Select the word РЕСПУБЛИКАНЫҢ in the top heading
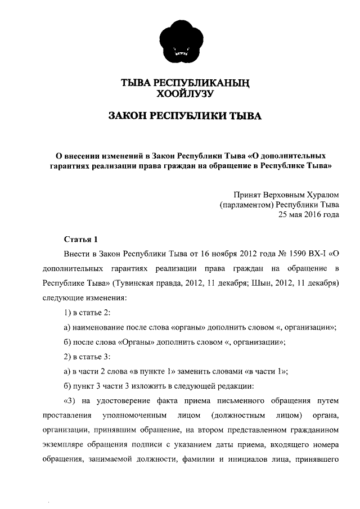tap(201, 84)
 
